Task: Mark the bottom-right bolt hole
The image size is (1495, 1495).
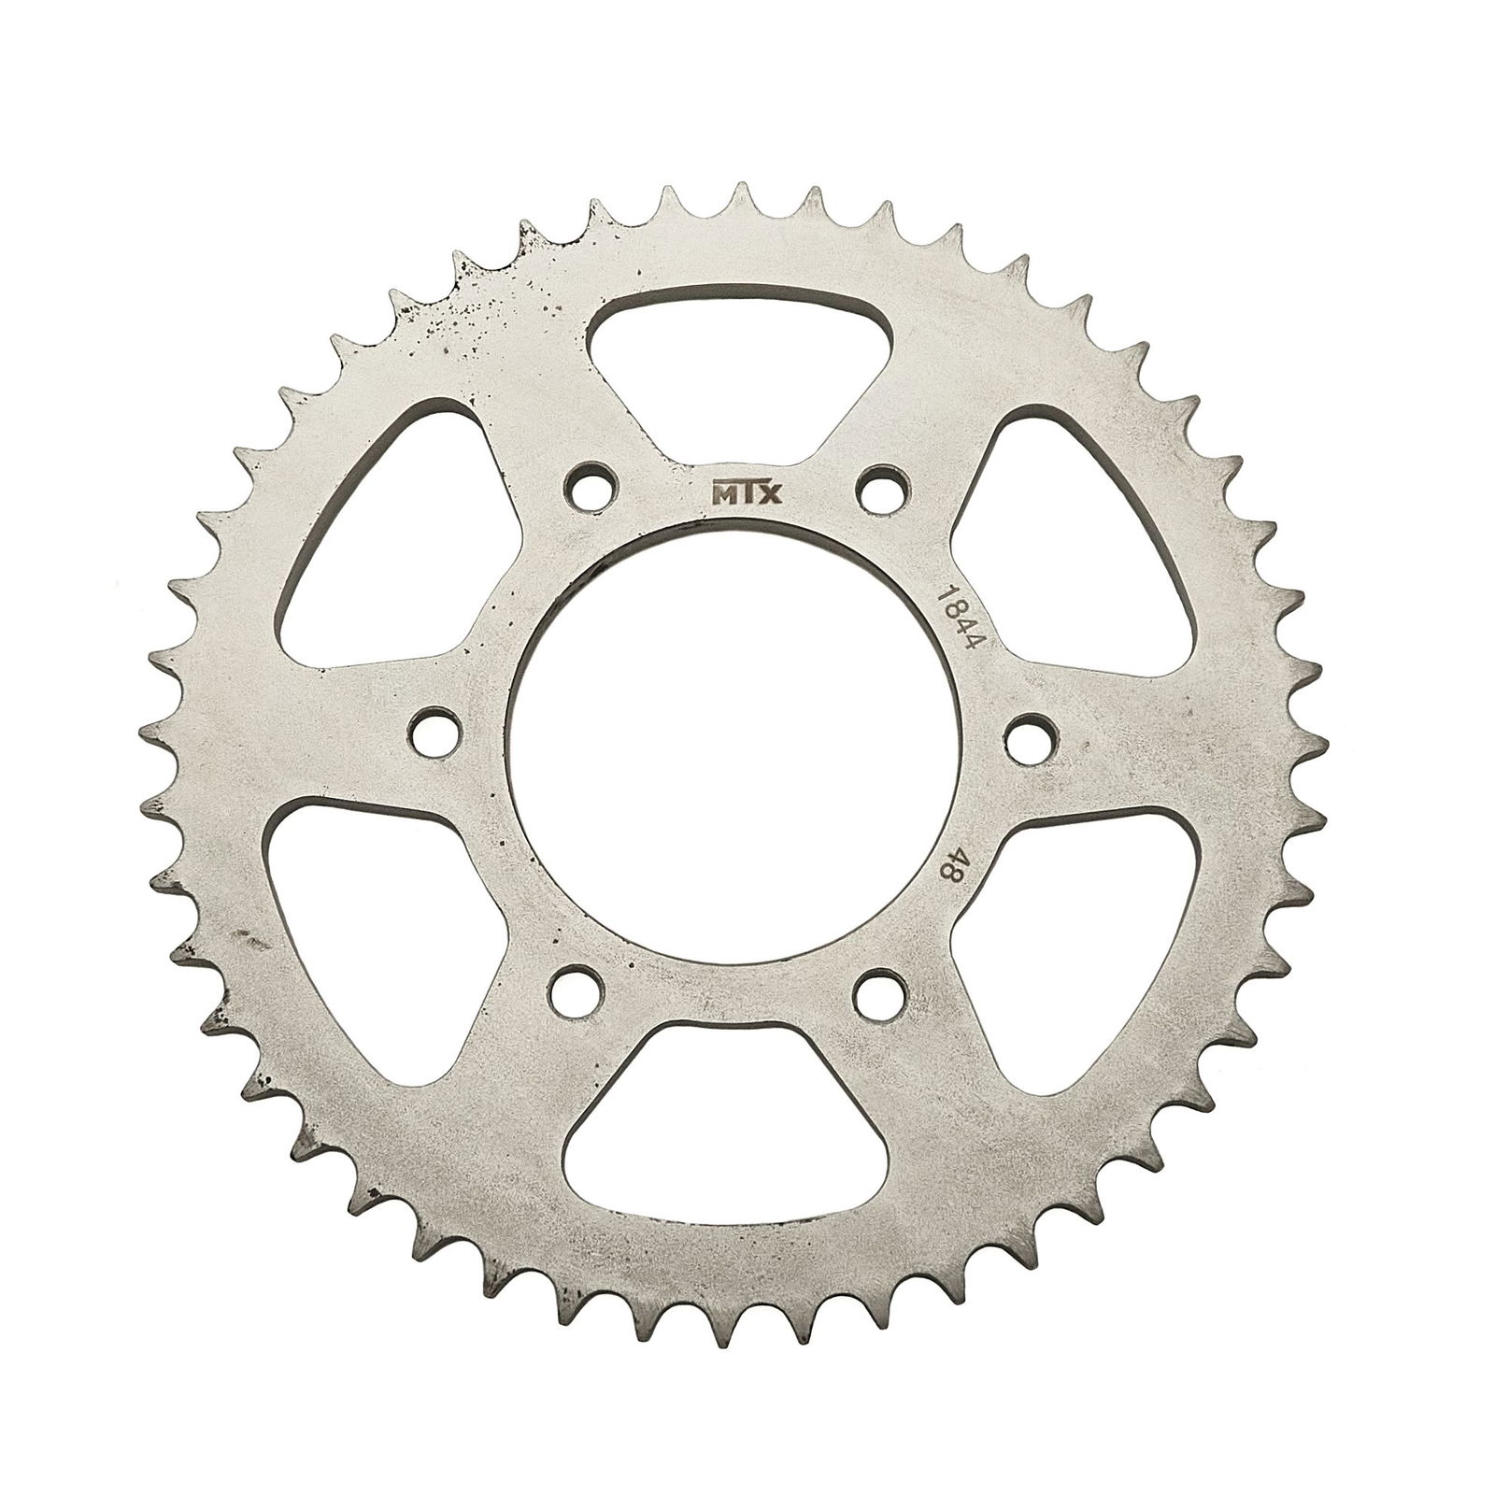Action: pos(884,994)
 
